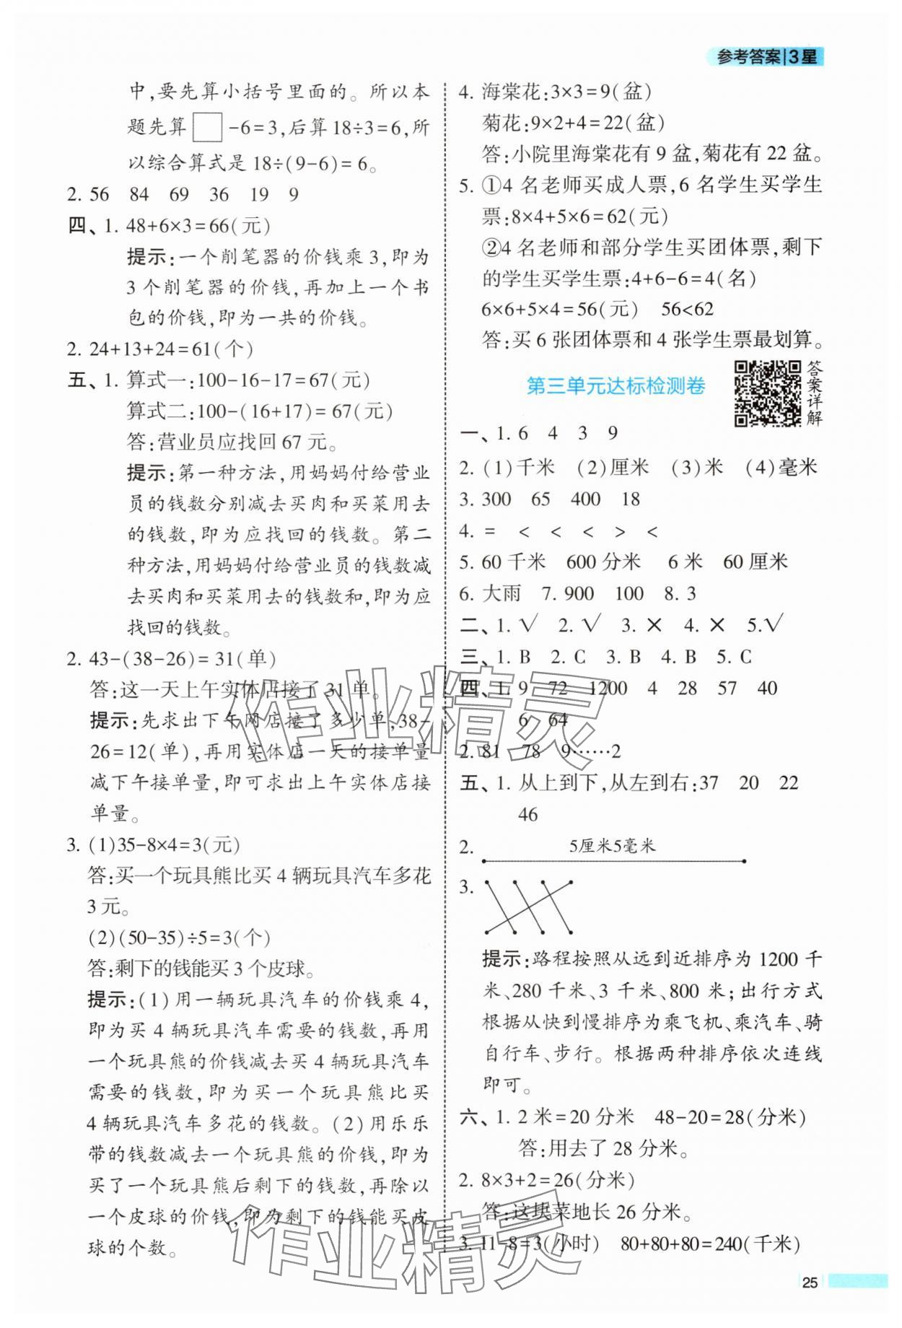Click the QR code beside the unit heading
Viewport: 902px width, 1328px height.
tap(767, 393)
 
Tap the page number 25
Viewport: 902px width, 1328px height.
tap(810, 1282)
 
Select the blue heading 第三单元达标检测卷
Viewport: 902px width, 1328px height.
tap(616, 387)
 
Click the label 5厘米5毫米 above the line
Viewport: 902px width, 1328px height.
tap(612, 846)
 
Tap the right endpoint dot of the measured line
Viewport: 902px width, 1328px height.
tap(744, 860)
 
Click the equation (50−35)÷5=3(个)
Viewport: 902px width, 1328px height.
tap(180, 938)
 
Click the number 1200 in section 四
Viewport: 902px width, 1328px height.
tap(607, 688)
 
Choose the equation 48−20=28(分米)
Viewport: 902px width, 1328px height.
tap(730, 1117)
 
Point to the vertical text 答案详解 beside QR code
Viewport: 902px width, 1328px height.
tap(814, 393)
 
